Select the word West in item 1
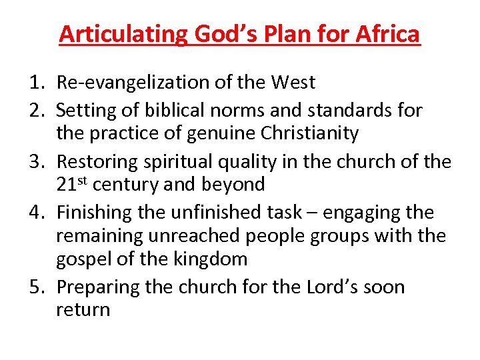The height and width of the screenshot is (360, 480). tap(293, 83)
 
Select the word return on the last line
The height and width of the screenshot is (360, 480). tap(83, 310)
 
